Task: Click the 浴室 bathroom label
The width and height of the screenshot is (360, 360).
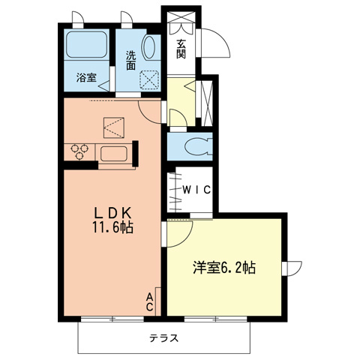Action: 86,77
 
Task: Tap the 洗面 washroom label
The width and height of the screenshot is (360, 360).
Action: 130,60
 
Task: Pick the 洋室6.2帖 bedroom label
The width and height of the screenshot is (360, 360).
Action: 224,267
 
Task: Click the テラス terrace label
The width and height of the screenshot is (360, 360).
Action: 163,337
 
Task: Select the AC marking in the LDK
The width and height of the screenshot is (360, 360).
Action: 149,301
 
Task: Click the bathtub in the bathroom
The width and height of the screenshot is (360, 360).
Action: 88,46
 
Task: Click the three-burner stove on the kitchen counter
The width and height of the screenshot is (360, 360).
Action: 80,152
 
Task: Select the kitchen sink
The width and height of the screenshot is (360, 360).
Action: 115,154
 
